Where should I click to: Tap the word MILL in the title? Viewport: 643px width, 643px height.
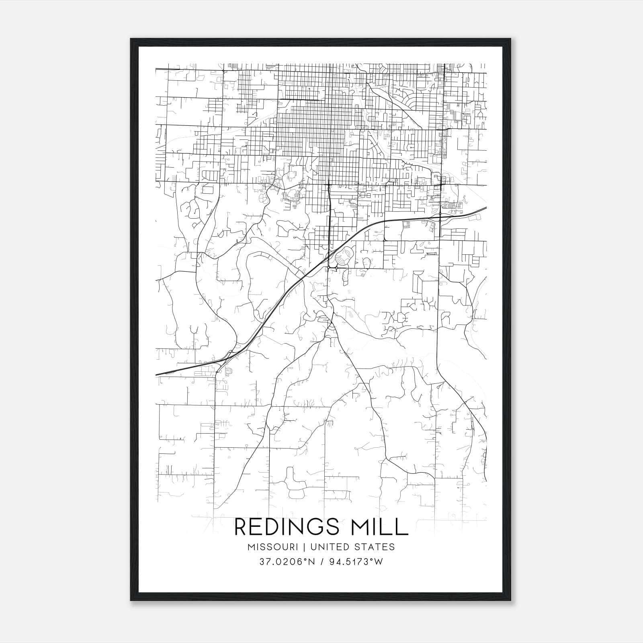click(x=382, y=527)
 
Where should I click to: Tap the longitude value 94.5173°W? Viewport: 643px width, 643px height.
click(x=356, y=562)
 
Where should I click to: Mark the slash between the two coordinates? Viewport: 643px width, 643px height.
click(x=321, y=562)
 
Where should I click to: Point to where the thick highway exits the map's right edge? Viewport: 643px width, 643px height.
click(x=486, y=208)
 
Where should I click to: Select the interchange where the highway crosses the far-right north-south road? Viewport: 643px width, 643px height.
click(x=440, y=217)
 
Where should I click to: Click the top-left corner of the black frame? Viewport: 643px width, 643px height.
click(x=131, y=39)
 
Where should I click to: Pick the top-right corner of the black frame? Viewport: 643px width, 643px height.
click(x=511, y=39)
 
